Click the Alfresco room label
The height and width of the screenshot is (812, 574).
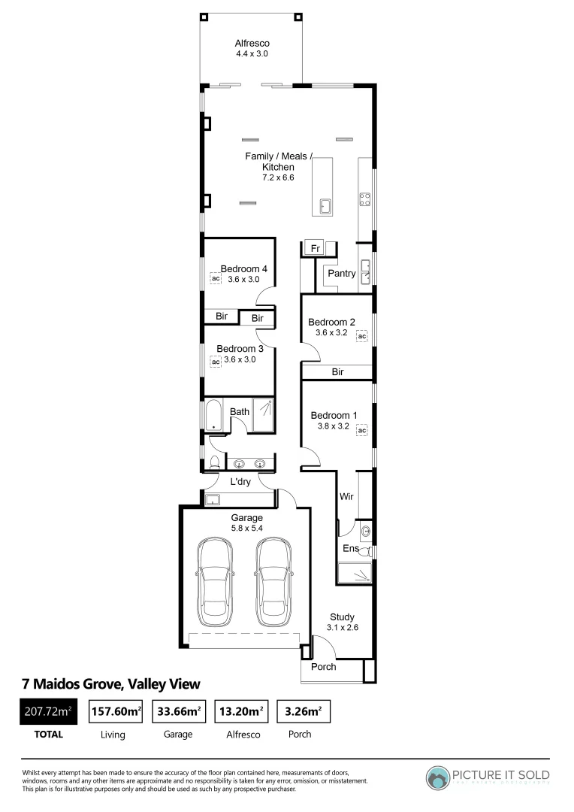tap(251, 44)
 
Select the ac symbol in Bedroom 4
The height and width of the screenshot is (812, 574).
tap(215, 279)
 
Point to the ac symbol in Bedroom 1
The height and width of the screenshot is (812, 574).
tap(361, 431)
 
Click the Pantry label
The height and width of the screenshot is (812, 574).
tap(341, 274)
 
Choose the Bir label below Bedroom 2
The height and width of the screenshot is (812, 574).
tap(337, 372)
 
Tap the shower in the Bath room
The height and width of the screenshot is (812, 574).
tap(263, 415)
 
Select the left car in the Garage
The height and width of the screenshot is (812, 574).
tap(213, 581)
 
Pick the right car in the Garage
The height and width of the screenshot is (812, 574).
tap(273, 581)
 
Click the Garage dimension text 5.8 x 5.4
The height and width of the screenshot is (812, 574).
tap(246, 529)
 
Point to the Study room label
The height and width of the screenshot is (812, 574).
tap(342, 617)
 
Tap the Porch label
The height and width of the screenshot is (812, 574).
tap(323, 667)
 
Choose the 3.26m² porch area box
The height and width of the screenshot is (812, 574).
tap(304, 710)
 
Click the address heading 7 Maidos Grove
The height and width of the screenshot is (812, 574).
tap(111, 683)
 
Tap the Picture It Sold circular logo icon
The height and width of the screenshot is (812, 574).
tap(437, 777)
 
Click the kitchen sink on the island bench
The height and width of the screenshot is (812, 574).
tap(325, 206)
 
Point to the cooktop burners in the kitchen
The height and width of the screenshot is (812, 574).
tap(365, 199)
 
